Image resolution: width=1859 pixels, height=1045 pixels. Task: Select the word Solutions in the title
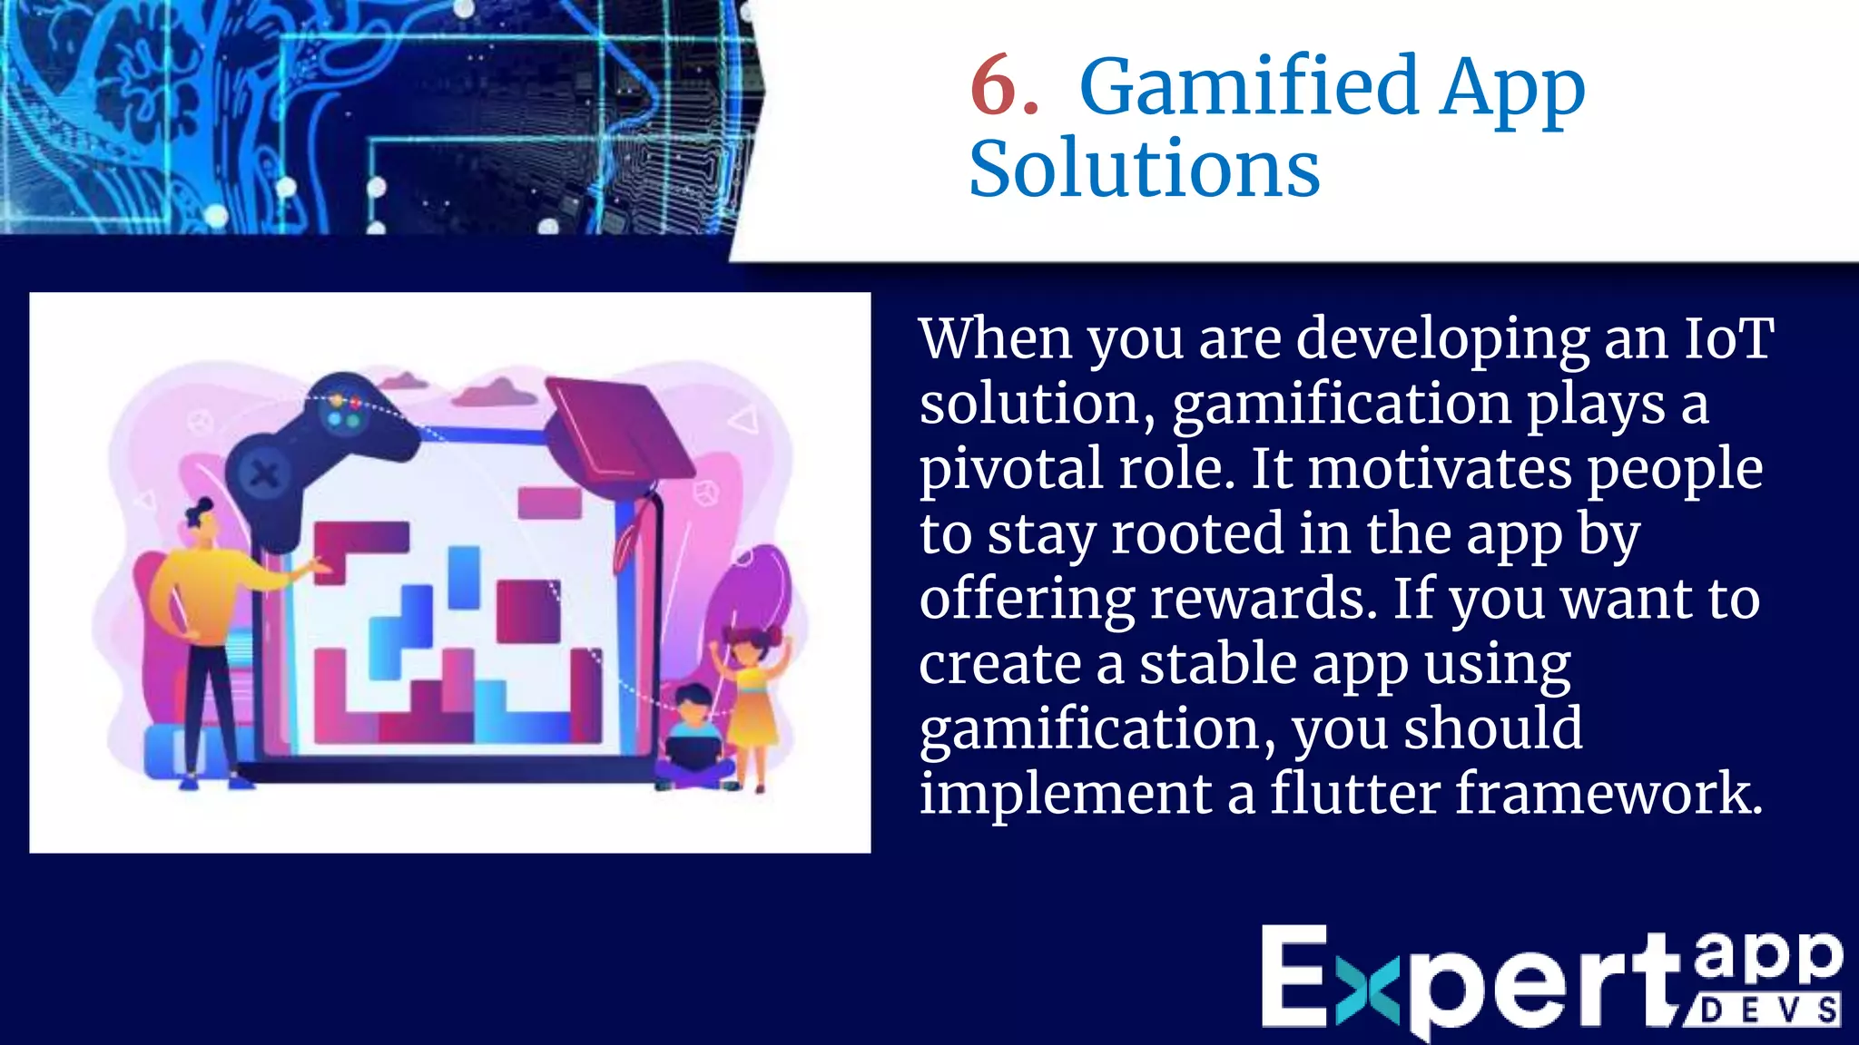coord(1144,169)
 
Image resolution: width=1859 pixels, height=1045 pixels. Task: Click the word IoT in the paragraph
coord(1728,338)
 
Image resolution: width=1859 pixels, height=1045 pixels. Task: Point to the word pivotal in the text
coord(1010,469)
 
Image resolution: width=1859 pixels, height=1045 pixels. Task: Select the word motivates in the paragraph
coord(1440,469)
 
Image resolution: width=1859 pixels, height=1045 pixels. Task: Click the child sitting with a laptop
coord(694,739)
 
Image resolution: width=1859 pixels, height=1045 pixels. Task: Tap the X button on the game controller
coord(264,473)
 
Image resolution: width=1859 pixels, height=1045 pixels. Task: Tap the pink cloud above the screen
coord(496,393)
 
